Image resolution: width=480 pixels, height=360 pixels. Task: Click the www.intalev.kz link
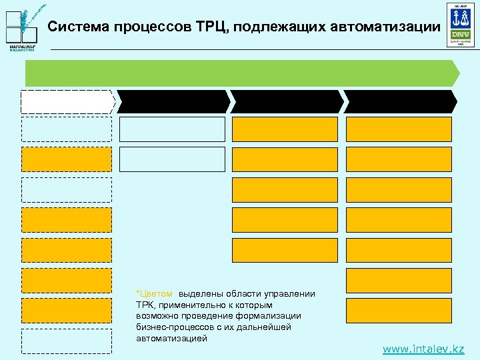423,349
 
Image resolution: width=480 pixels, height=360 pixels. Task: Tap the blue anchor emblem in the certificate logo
460,17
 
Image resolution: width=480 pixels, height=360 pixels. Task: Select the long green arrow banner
240,73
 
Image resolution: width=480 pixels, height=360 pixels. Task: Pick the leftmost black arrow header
174,101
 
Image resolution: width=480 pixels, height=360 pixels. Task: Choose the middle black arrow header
287,101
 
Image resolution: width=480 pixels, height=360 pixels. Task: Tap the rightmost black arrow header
401,101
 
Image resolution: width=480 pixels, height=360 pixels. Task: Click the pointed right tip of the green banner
457,73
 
